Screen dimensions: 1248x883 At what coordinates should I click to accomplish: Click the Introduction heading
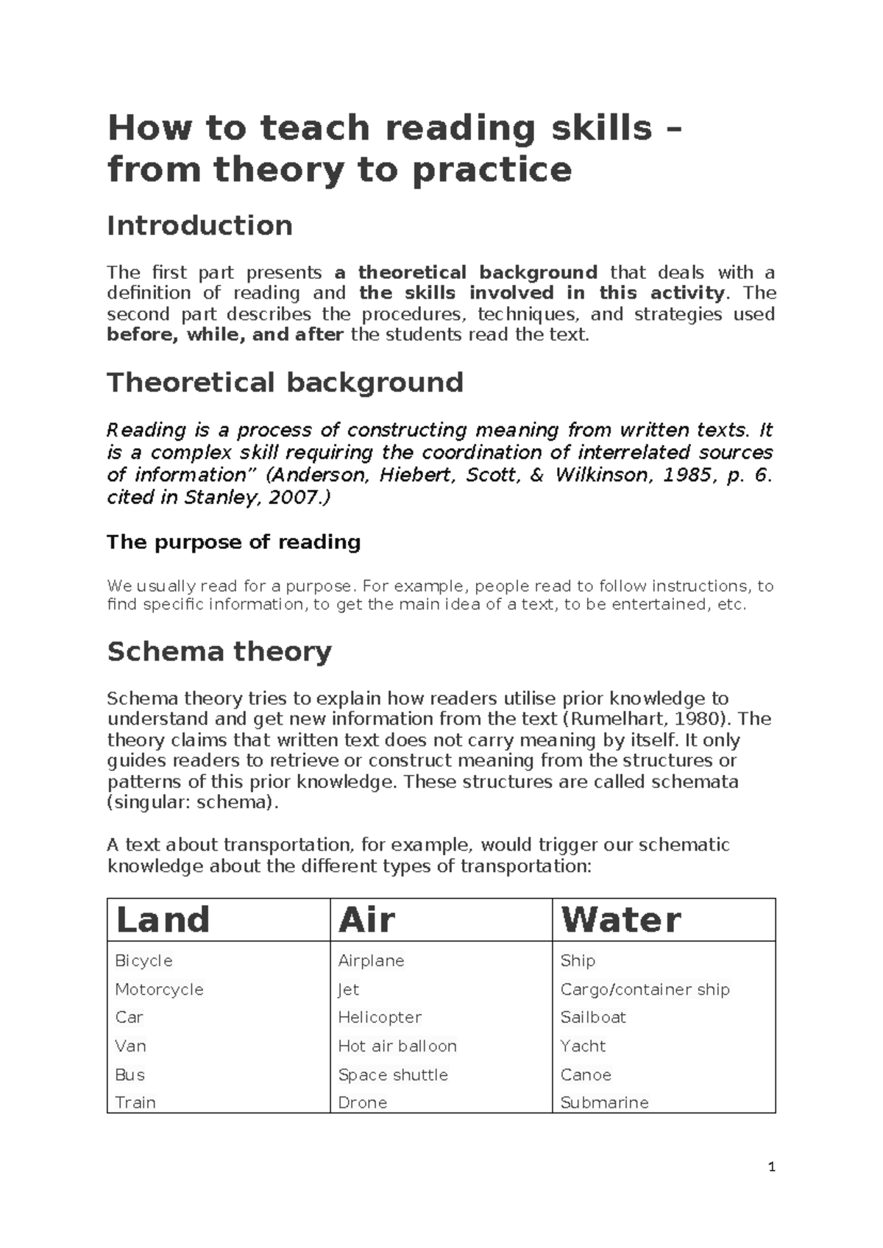(199, 225)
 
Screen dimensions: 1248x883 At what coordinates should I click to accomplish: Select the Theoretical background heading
(285, 383)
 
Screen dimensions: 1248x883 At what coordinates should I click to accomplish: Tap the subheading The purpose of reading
(233, 542)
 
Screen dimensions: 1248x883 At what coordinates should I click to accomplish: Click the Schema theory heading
(219, 651)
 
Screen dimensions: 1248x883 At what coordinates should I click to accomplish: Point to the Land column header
(163, 920)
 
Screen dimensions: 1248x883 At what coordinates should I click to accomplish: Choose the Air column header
(366, 920)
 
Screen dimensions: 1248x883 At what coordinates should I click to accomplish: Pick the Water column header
(620, 920)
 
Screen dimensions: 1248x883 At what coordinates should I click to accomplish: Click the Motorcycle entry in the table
(159, 990)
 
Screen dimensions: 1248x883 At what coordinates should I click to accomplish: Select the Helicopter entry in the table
(379, 1018)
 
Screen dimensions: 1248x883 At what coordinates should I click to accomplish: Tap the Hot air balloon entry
(397, 1046)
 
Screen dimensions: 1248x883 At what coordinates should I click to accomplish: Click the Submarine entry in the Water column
(604, 1103)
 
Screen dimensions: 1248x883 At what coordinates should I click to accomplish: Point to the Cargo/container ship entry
(645, 990)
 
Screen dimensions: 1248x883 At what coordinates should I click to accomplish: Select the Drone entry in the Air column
(362, 1103)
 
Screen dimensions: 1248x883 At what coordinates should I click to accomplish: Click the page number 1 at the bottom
(771, 1167)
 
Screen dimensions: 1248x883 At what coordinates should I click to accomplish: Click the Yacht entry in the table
(583, 1046)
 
